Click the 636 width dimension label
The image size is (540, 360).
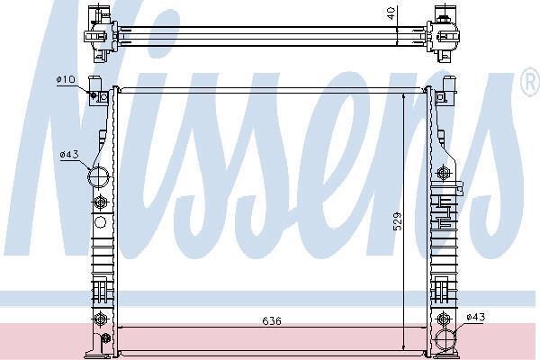coord(272,321)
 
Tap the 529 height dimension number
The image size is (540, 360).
coord(398,221)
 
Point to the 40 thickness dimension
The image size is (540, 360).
coord(391,13)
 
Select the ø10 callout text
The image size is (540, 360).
coord(66,79)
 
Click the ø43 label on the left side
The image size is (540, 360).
coord(69,154)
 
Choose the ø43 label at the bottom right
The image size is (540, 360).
coord(475,317)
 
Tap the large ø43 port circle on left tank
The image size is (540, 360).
coord(98,176)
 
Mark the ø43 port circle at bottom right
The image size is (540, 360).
coord(445,339)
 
